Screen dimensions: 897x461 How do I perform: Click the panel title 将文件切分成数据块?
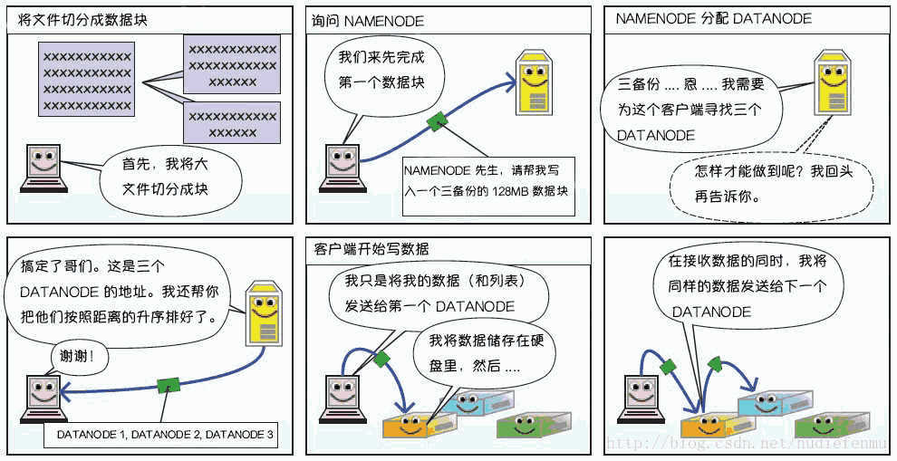(82, 20)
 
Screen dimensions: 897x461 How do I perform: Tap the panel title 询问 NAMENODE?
(367, 21)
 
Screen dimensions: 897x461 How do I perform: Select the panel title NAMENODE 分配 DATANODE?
(713, 19)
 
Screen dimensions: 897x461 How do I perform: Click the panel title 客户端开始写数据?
(371, 249)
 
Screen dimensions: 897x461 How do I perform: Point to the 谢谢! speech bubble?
(76, 357)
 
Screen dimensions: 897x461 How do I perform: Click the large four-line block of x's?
(87, 82)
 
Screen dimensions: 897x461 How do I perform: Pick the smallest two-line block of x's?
(232, 123)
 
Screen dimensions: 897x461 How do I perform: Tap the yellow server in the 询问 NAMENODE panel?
(535, 83)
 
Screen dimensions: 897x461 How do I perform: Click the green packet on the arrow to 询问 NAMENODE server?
(437, 120)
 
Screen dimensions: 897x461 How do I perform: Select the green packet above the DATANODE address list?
(169, 384)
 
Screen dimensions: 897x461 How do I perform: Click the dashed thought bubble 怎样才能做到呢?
(771, 184)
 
